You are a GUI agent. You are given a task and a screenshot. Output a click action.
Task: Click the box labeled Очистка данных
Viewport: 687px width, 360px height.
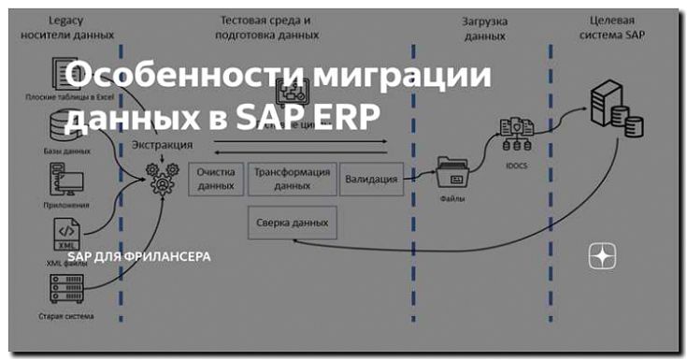tap(217, 178)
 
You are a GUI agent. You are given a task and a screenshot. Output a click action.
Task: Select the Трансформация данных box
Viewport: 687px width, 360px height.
tap(292, 178)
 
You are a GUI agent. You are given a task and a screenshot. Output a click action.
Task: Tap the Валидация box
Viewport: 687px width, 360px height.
tap(371, 178)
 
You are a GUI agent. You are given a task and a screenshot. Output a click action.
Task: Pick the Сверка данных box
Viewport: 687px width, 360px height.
tap(293, 223)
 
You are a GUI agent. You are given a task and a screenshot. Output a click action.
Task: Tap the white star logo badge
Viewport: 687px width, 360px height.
tap(602, 257)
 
